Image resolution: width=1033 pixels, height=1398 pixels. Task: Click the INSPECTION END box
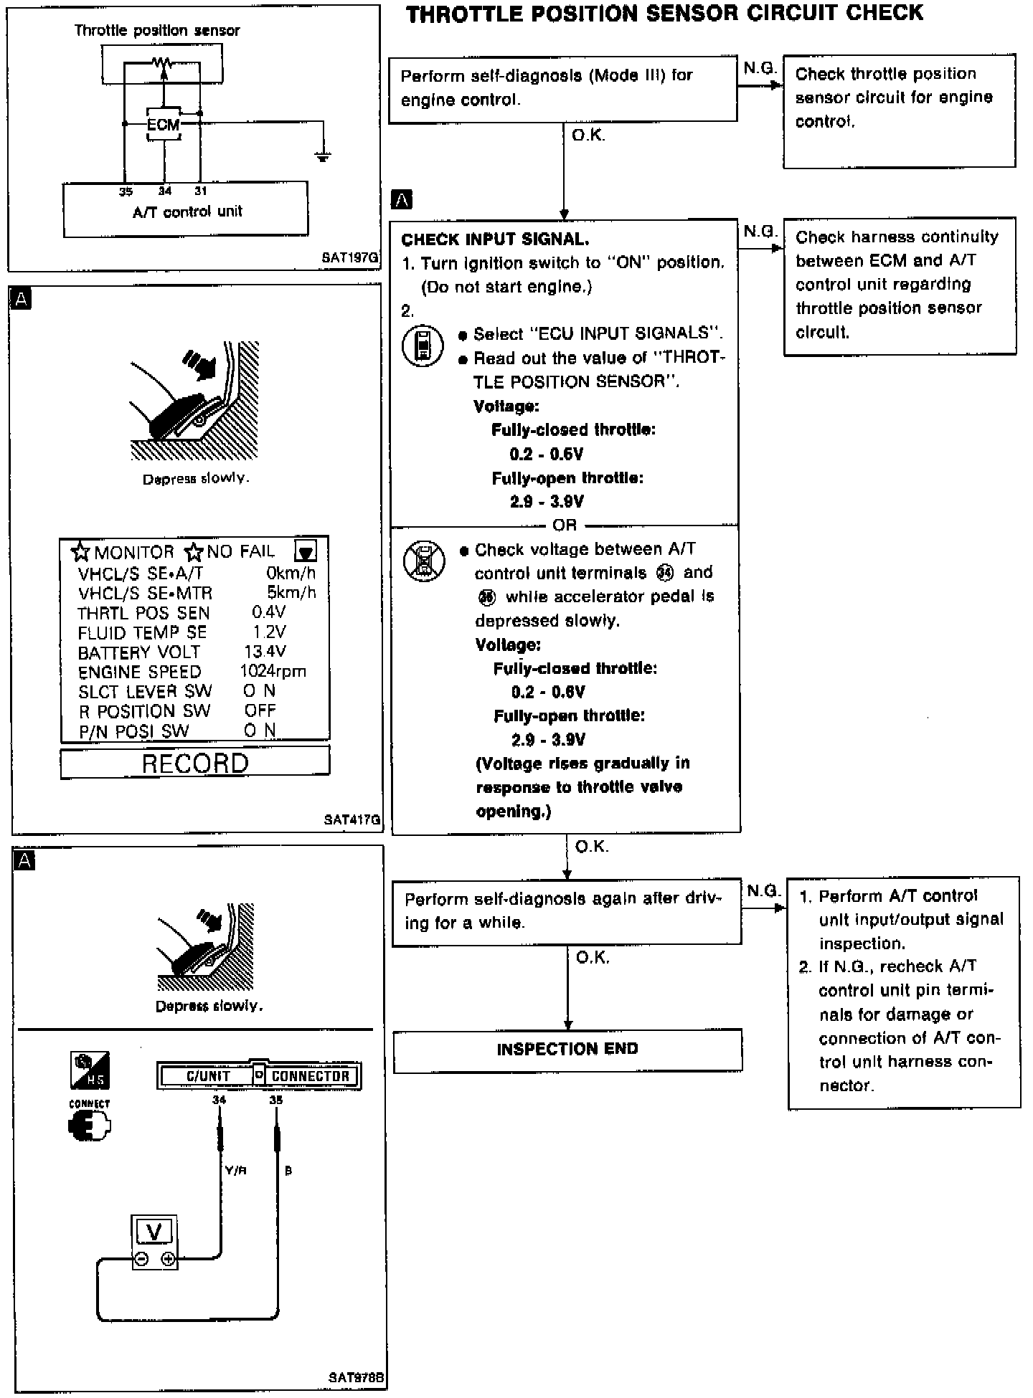[567, 1050]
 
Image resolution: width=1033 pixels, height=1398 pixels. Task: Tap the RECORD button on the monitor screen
[194, 763]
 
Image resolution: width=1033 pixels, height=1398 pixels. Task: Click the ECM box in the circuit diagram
[164, 125]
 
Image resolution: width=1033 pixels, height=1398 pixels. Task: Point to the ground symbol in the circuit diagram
[324, 155]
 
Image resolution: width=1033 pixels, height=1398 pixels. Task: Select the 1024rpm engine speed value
[273, 672]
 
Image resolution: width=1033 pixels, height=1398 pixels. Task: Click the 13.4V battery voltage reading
[265, 652]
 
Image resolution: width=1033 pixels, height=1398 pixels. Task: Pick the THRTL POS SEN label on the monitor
[143, 613]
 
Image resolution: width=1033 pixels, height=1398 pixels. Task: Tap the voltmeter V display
[154, 1232]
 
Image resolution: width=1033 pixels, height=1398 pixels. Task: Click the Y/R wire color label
[236, 1171]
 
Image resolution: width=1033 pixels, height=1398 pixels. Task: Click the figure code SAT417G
[352, 819]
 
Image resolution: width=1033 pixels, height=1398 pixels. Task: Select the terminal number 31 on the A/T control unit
[200, 191]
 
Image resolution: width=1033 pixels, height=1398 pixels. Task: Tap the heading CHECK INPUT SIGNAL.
[495, 239]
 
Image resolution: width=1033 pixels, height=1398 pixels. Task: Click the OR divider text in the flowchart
[565, 525]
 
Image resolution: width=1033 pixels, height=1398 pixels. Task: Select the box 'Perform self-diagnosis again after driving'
[567, 910]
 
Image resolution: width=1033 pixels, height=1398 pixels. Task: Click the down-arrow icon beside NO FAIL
[306, 551]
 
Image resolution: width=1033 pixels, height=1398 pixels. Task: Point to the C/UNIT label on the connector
[208, 1076]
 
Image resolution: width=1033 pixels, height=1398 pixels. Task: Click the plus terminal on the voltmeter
[169, 1259]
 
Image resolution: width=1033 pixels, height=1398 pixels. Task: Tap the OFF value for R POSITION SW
[260, 710]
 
